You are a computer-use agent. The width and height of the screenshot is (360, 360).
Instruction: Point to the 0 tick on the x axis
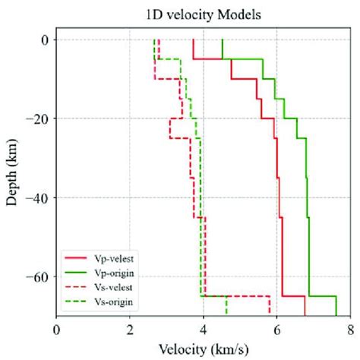coord(57,330)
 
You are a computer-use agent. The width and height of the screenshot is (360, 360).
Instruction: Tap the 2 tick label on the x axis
coord(130,330)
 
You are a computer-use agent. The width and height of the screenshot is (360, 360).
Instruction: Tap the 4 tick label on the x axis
coord(204,330)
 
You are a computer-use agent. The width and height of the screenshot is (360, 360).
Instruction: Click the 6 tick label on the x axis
coord(276,330)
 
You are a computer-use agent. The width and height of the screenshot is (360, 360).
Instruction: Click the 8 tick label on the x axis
coord(350,330)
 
